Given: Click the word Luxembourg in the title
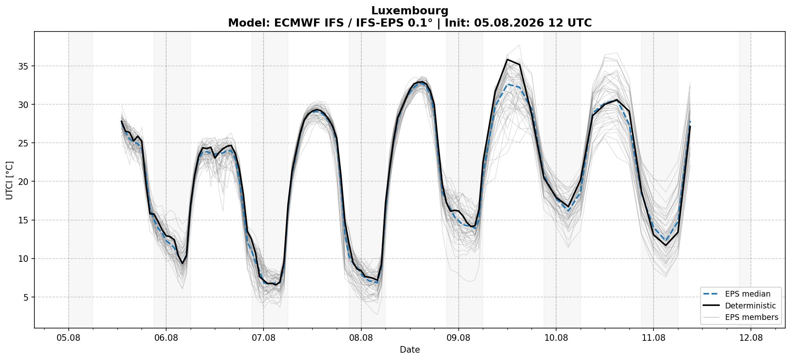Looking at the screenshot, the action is tap(410, 11).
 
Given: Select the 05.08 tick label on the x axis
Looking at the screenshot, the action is tap(69, 338).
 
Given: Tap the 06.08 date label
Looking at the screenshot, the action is tap(166, 338).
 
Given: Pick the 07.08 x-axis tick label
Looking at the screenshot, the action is tap(264, 338).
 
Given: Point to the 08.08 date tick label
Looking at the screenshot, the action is tap(361, 338).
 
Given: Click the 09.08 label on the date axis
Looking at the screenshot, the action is tap(458, 338).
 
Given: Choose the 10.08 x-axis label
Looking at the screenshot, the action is tap(556, 338).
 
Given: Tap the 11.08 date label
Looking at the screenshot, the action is tap(654, 338).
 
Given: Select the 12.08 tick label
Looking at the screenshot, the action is tap(751, 338).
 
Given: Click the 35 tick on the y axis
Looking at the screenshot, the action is tap(24, 66).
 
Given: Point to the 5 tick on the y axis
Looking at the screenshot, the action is tap(27, 297).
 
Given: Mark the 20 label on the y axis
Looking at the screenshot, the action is tap(24, 182).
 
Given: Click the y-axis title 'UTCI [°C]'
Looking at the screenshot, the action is tap(10, 180).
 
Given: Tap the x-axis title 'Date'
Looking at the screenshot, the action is tap(410, 350).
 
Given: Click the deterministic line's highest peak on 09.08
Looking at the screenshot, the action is tap(507, 60).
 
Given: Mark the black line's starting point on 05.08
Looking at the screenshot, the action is tap(122, 121).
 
